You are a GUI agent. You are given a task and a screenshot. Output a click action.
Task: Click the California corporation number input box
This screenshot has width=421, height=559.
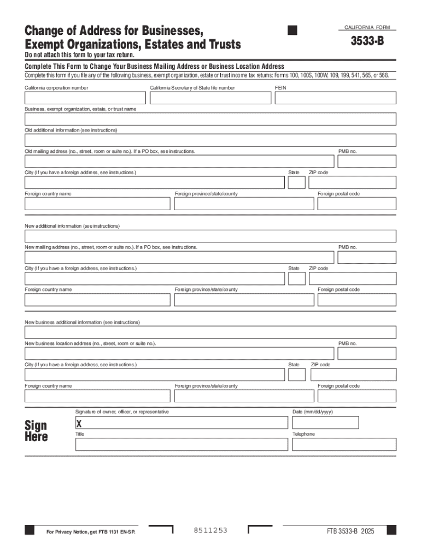[85, 98]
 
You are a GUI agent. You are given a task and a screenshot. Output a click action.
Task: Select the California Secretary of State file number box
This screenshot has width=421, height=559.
[210, 98]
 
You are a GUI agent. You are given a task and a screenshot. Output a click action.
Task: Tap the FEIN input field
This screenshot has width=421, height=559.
[335, 98]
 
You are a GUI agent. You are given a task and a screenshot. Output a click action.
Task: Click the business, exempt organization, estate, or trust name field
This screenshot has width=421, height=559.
[210, 119]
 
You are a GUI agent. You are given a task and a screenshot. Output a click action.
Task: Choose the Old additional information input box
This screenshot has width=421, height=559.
[210, 140]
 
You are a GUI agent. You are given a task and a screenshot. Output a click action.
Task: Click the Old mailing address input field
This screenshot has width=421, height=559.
[179, 162]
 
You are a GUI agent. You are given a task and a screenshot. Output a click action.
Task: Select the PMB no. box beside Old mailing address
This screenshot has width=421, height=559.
[366, 162]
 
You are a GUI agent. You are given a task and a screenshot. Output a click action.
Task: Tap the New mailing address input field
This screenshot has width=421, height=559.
[179, 258]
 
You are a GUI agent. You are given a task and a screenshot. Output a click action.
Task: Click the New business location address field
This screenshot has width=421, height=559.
[179, 354]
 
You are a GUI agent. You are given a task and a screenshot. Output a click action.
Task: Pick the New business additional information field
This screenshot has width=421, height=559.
[210, 332]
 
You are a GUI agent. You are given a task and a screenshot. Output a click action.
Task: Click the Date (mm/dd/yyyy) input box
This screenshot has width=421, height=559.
[325, 423]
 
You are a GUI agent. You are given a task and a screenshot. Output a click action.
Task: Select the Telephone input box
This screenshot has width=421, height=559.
[344, 444]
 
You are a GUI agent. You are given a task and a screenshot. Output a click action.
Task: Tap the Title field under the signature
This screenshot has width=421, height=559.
[182, 444]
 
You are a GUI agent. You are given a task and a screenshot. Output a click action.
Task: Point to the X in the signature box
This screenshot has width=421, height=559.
[79, 424]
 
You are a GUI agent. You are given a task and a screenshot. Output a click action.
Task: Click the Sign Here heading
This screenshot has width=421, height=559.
[36, 431]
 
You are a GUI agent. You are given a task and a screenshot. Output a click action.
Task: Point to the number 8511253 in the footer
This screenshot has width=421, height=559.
[210, 531]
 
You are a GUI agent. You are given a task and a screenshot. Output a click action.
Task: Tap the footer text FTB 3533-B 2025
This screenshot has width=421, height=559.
[350, 531]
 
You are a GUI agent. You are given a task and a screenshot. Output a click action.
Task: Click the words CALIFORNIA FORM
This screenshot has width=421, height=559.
[366, 27]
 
